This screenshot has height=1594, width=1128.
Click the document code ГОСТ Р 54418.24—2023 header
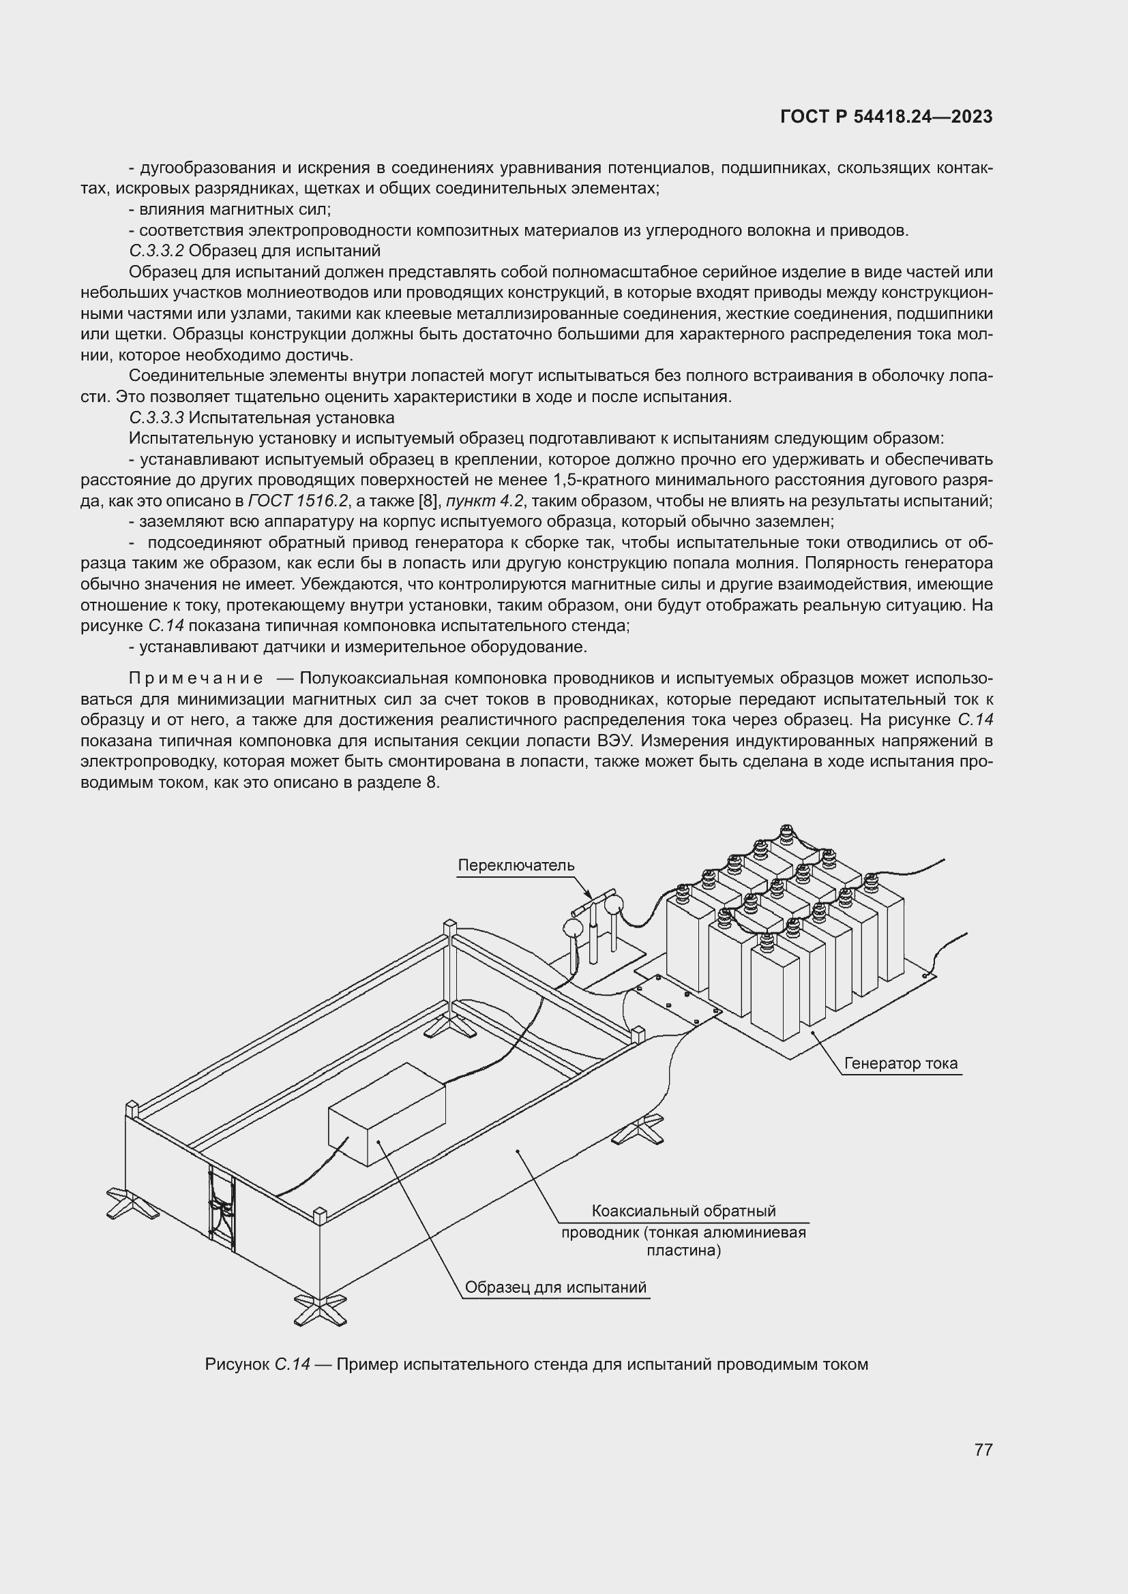click(886, 117)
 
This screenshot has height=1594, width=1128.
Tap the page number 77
click(983, 1450)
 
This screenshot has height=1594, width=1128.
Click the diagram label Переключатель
click(516, 865)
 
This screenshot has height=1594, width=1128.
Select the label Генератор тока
click(900, 1063)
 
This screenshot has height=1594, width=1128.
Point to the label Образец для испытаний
click(555, 1287)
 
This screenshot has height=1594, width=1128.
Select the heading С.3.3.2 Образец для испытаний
click(254, 251)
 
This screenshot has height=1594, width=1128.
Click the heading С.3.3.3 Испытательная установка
click(261, 417)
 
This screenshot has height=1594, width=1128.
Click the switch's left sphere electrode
click(573, 928)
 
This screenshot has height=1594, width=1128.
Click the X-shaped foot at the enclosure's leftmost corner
click(132, 1203)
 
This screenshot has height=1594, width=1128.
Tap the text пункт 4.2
click(485, 501)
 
